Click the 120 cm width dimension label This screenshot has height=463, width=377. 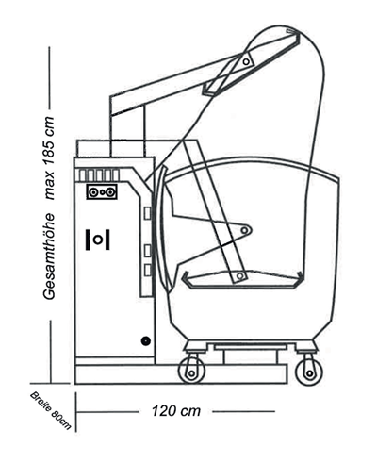tap(176, 411)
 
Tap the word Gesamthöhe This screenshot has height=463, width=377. tap(49, 256)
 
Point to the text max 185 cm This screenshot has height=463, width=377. tap(49, 158)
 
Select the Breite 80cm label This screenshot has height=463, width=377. tap(51, 410)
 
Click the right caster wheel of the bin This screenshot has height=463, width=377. tap(309, 372)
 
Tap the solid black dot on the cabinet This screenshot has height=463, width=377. tap(145, 340)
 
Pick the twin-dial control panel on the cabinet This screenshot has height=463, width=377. tap(102, 191)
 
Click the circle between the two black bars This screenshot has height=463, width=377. tap(98, 240)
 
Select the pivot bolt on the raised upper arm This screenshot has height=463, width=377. tap(246, 61)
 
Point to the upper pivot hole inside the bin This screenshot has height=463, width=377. tap(244, 230)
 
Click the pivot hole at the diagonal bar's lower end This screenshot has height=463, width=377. tap(240, 276)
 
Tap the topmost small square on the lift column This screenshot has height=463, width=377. tap(147, 213)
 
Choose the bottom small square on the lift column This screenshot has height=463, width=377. tap(147, 271)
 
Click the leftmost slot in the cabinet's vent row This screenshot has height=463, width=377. tap(82, 175)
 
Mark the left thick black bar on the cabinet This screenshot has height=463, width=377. tap(88, 240)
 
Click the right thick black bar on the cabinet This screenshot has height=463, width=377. tap(107, 240)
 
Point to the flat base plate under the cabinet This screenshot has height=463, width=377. tap(181, 374)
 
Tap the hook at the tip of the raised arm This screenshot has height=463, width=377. tap(293, 31)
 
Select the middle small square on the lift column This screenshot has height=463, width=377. tap(147, 251)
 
